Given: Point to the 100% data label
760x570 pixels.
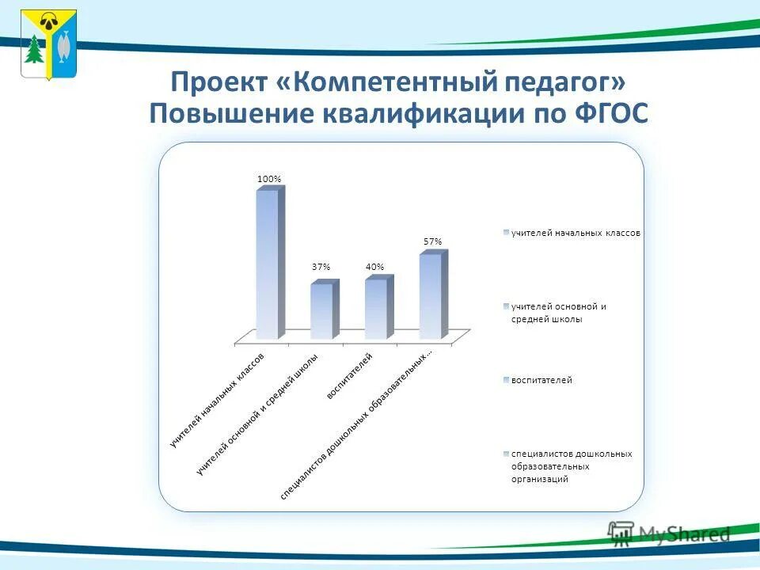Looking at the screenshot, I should click(268, 179).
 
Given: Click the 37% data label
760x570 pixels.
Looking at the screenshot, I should click(321, 267).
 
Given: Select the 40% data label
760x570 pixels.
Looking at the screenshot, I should click(374, 267).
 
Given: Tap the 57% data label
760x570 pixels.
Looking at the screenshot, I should click(432, 241).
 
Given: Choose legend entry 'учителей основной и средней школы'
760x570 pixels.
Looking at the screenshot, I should click(558, 313).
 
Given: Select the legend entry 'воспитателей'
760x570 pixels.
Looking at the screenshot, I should click(541, 380).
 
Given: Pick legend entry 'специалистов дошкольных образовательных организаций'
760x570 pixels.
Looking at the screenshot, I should click(570, 466).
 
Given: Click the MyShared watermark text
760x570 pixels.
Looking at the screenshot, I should click(684, 534).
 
